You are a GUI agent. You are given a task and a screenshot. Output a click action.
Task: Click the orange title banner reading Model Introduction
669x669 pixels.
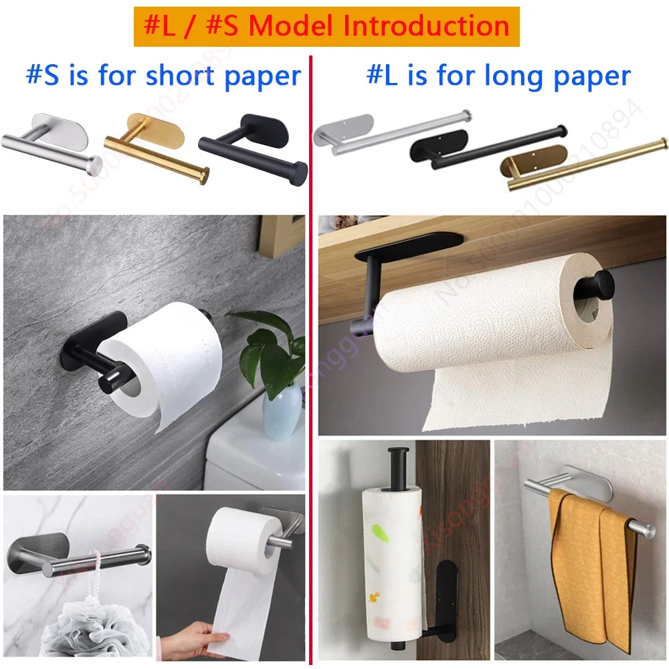point(326,27)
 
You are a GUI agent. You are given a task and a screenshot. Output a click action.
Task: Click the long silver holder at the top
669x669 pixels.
point(388,131)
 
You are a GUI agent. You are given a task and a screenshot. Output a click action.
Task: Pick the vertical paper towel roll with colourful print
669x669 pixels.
point(391,562)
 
